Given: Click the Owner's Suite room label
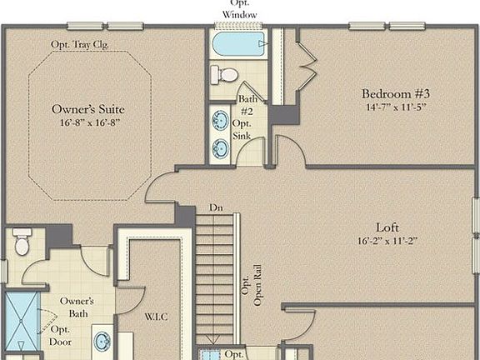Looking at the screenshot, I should coord(89,109).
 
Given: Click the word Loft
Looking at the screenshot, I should coord(388,226).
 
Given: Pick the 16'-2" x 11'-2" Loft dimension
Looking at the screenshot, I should coord(388,241).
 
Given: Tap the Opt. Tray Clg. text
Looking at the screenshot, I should coord(79,43).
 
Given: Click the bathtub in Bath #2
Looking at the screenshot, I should coord(238,43).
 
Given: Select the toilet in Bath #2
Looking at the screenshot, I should coord(223,74).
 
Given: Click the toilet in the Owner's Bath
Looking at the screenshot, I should coord(22,241).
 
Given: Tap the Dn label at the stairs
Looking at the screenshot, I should coord(216,207).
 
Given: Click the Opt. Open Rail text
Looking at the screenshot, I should coord(252,291).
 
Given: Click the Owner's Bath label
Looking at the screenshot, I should coord(76,307).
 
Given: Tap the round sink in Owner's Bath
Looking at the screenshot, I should coord(102,342).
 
